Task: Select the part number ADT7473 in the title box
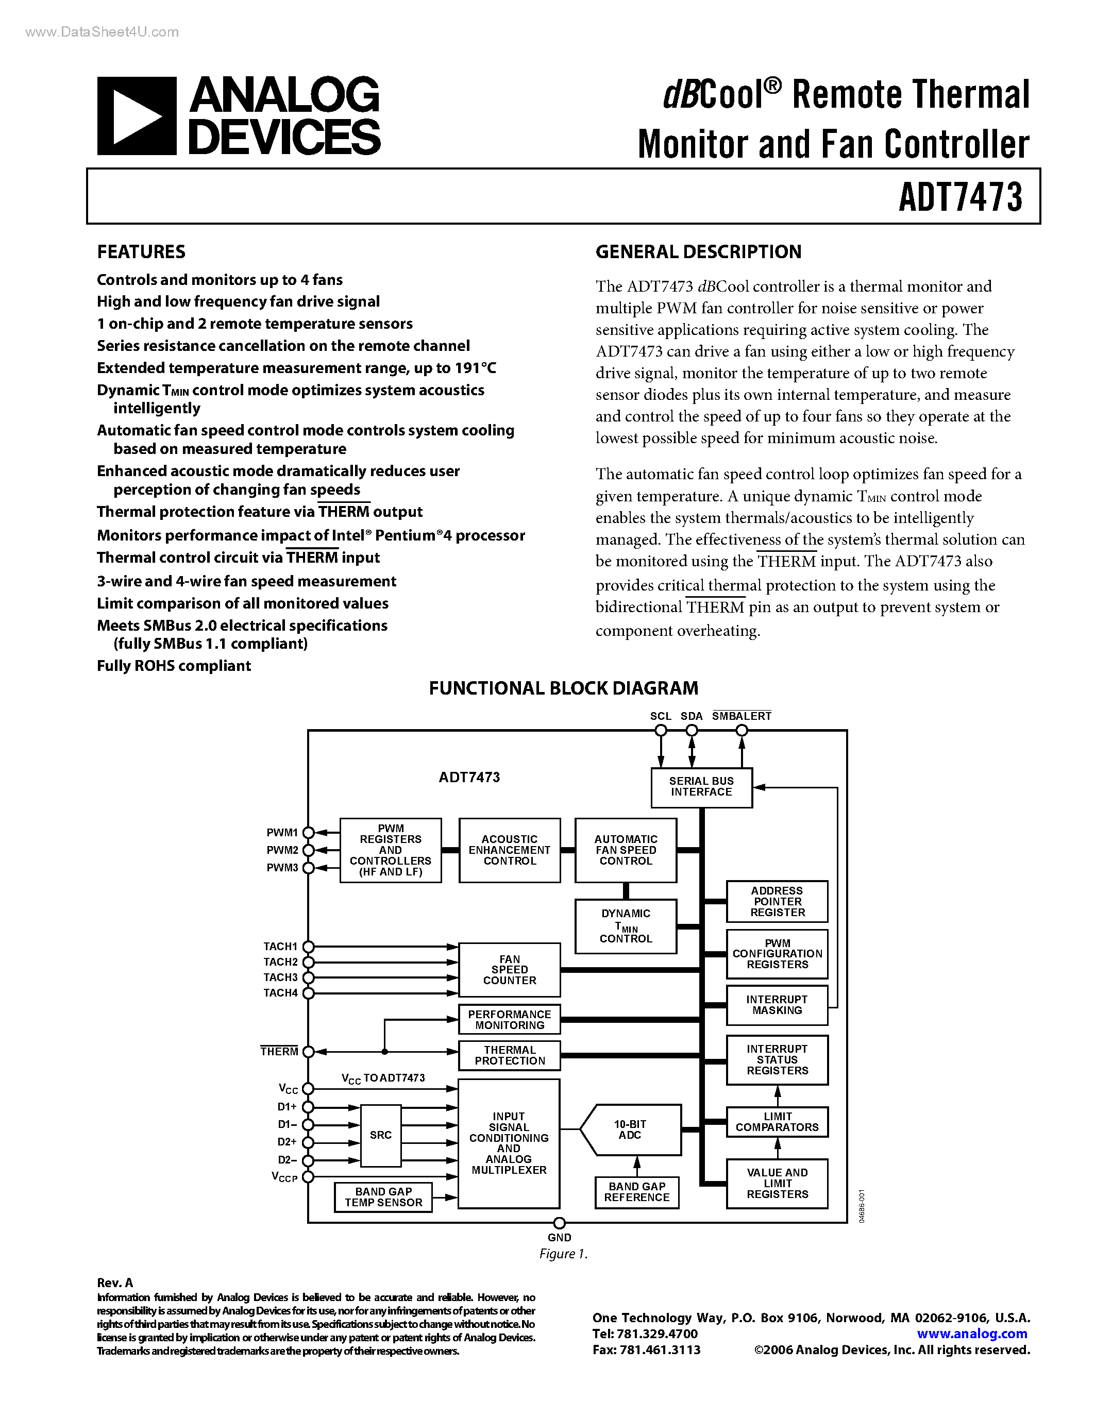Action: [x=960, y=197]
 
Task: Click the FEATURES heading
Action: [x=141, y=252]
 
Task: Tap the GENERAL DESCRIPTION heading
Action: [x=698, y=252]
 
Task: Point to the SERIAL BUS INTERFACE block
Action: [x=701, y=787]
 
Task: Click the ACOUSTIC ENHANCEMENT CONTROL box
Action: [x=509, y=850]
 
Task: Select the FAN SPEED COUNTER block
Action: [x=509, y=969]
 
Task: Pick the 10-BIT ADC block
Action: [x=630, y=1129]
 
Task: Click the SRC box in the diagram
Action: [x=381, y=1135]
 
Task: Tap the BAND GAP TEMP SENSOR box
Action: [x=383, y=1197]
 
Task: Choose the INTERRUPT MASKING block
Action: [x=777, y=1005]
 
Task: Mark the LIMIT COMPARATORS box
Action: [x=777, y=1122]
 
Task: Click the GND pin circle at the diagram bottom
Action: [x=559, y=1223]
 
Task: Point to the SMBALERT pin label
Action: [x=742, y=716]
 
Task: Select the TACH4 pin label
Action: [x=280, y=993]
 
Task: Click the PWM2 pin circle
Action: [x=309, y=850]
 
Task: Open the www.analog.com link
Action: [x=972, y=1334]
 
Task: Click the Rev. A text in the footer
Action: [x=115, y=1283]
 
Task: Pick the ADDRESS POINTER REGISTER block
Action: [x=777, y=902]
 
